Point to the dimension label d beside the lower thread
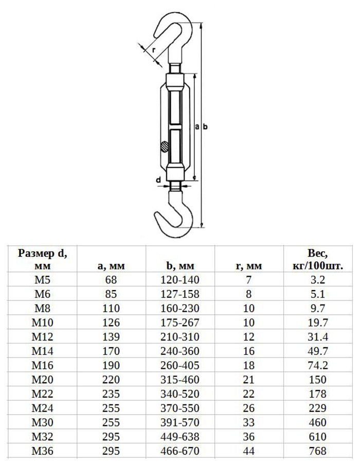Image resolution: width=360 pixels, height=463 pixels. point(158,180)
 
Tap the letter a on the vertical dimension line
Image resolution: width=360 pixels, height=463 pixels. point(197,127)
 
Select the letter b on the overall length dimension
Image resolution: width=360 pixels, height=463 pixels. point(205,127)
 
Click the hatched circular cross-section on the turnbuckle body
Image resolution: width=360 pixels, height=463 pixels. point(165,147)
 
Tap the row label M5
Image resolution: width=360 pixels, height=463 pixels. point(43,280)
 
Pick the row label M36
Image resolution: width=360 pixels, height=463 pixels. point(43,451)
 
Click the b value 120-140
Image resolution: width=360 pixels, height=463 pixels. point(180,280)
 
